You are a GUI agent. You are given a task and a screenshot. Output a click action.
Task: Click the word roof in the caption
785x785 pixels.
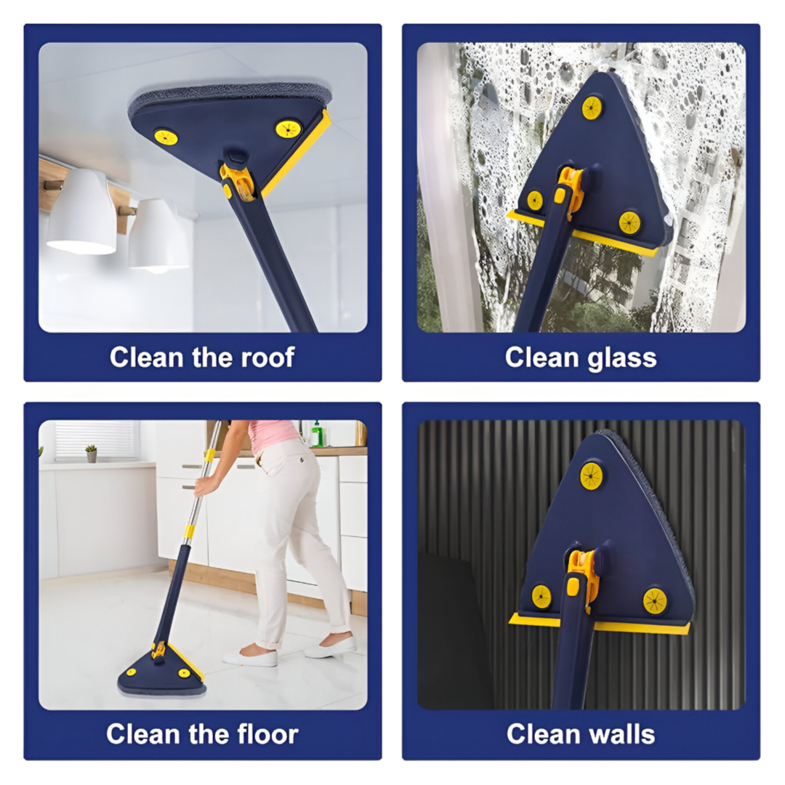[267, 358]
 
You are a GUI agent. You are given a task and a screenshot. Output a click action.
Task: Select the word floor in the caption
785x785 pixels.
[267, 734]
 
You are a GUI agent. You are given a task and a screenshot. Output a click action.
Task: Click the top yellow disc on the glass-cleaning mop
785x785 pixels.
[592, 108]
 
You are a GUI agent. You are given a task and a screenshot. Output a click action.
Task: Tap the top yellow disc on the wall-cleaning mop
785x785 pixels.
[591, 475]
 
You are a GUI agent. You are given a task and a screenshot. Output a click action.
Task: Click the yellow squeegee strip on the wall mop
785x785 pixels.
[599, 624]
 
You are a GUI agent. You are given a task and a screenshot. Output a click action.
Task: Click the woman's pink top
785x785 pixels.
[273, 435]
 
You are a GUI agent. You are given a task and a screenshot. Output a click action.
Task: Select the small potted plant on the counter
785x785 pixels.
[91, 454]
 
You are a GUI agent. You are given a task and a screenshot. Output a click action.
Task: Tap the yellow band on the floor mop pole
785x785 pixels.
[189, 531]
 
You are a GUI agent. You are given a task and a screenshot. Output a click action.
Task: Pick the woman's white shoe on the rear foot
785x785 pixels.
[250, 658]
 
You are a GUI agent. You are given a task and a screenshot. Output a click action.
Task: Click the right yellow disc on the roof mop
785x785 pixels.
[289, 129]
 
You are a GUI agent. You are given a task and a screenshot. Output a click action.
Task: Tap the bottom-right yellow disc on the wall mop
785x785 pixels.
[655, 600]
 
